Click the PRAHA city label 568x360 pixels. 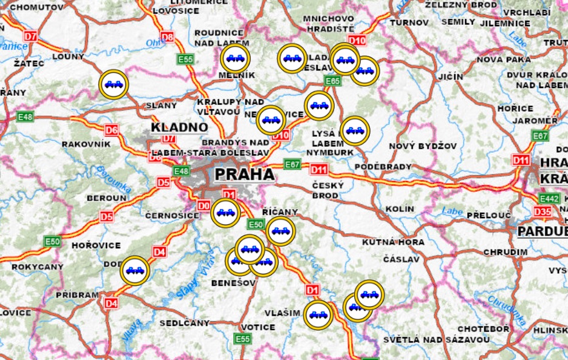244,175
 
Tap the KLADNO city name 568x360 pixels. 179,128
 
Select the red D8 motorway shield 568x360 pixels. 167,37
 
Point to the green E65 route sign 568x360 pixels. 332,81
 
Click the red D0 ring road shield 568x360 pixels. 204,205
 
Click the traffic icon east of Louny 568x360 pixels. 114,84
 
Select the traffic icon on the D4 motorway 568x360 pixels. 134,271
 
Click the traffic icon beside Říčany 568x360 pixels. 280,231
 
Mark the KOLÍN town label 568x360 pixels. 399,209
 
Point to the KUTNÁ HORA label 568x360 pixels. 392,242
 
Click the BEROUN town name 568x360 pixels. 106,199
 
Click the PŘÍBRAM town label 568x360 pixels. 77,295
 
